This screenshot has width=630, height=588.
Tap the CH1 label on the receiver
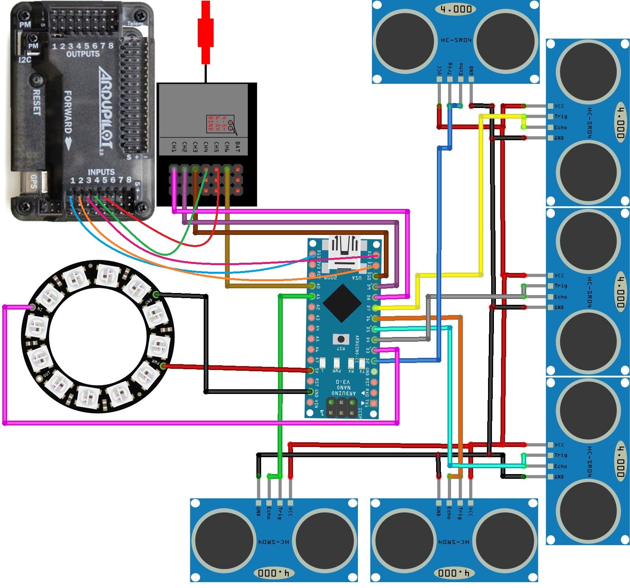(174, 147)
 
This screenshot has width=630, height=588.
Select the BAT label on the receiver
(237, 147)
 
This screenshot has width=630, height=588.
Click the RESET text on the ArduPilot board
(37, 102)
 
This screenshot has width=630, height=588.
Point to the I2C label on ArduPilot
(25, 60)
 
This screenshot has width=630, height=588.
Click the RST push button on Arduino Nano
(341, 339)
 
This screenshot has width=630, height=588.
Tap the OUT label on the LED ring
(47, 374)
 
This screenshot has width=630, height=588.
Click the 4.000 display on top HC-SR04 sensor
(456, 9)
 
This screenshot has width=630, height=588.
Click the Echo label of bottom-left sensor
(269, 513)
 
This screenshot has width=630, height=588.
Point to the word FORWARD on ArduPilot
(68, 112)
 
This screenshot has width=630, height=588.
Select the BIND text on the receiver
(211, 123)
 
